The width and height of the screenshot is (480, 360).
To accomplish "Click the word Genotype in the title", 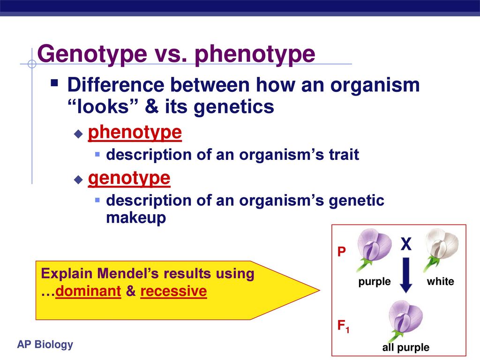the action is tap(92, 54).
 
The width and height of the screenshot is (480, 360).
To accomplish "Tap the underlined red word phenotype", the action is tap(135, 133).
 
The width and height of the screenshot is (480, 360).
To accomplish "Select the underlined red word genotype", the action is tap(129, 178).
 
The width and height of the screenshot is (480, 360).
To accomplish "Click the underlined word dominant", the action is tap(88, 291).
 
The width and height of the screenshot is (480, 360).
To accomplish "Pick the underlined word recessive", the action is tap(173, 291).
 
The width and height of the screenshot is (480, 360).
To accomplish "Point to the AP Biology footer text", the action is tap(45, 345).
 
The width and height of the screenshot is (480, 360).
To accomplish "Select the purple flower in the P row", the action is tap(374, 249).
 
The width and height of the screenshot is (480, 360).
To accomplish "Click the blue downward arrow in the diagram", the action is tap(406, 275).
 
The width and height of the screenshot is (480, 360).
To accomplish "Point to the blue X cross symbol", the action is tap(406, 244).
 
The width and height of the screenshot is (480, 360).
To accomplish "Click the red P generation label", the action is tap(341, 252).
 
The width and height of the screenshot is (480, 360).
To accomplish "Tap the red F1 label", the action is tap(343, 326).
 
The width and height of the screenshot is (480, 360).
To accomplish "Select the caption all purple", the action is tap(405, 347).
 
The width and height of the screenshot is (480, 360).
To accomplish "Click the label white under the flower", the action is tap(441, 281).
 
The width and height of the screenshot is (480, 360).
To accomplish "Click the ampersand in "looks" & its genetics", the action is tap(152, 107).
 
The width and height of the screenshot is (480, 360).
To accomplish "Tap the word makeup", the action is tap(136, 217).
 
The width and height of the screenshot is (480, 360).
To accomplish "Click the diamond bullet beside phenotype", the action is tap(78, 134).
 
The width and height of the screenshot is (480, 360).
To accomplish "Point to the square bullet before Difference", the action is tap(54, 83).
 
